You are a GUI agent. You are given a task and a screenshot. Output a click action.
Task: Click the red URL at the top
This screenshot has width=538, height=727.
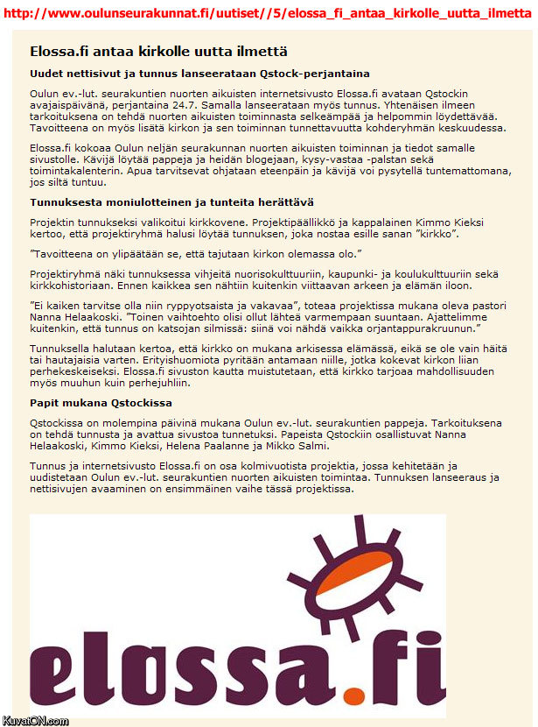[x=268, y=14]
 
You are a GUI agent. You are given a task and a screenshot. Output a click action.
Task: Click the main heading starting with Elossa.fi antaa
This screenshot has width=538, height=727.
[x=158, y=53]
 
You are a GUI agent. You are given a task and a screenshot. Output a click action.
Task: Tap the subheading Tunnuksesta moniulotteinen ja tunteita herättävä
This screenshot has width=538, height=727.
[x=164, y=201]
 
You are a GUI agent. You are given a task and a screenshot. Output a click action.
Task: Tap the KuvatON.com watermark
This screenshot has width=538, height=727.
[x=36, y=720]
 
